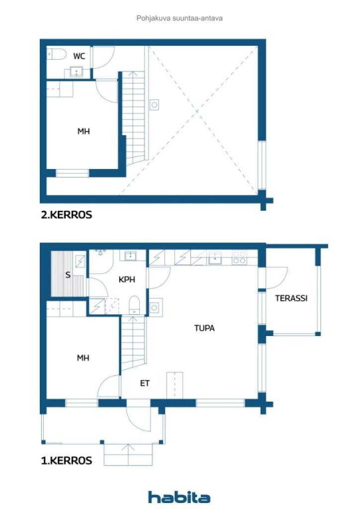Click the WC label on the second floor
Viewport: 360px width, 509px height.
pos(79,56)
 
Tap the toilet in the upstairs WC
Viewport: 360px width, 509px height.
pos(57,54)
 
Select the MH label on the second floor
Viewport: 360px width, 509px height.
pos(84,131)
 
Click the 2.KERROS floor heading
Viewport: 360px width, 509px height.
pos(67,215)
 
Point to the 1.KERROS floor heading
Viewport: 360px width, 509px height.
pos(67,461)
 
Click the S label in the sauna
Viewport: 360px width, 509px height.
pos(68,275)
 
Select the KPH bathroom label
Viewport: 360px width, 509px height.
pos(127,279)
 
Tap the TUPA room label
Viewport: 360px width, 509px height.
pos(204,328)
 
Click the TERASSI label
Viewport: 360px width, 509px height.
pos(291,298)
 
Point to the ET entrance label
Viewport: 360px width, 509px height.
pos(145,383)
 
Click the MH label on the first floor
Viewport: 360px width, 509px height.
pos(83,358)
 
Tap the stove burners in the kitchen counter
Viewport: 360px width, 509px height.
pos(240,257)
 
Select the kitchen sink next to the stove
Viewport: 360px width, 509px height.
pos(215,258)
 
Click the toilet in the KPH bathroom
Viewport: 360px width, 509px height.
pos(134,305)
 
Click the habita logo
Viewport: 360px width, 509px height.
pos(179,498)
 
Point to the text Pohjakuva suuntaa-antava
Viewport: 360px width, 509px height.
pos(180,18)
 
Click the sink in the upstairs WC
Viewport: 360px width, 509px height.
pos(77,72)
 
